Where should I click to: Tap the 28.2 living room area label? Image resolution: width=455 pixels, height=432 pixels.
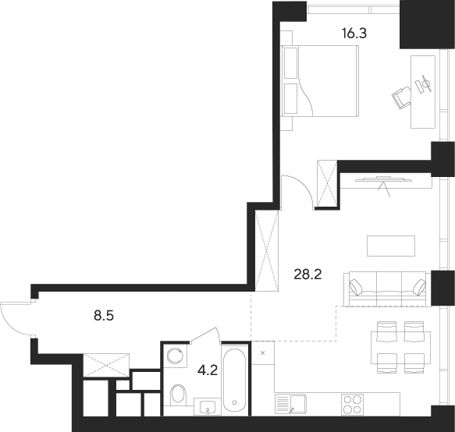point(308,274)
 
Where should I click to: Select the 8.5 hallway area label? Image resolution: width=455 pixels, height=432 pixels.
point(103,317)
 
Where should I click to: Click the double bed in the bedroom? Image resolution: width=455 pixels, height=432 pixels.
point(320,80)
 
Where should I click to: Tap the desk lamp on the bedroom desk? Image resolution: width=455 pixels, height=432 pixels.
point(424,83)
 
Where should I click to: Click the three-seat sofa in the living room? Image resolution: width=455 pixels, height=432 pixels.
point(388,289)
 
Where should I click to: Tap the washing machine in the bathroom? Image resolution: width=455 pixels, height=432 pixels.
point(176,356)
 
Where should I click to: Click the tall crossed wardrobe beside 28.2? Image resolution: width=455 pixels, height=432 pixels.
point(268,251)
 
